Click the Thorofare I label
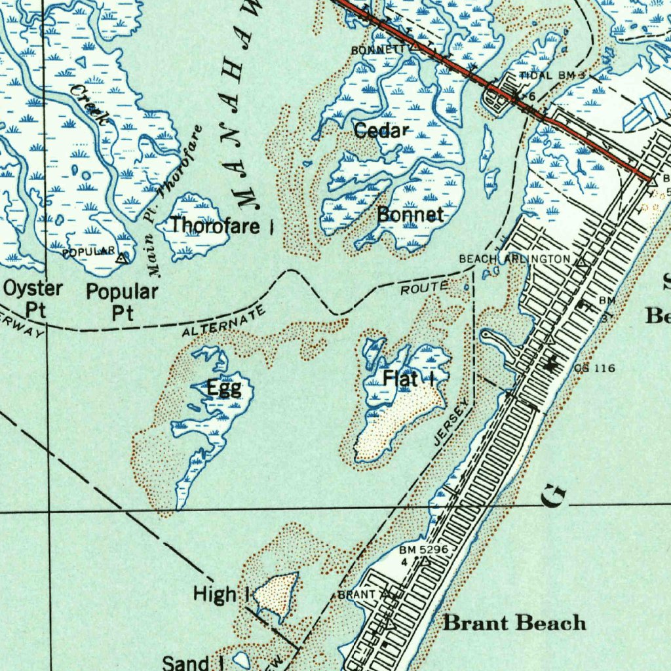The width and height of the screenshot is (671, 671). tap(221, 225)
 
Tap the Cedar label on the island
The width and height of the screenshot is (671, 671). tap(381, 130)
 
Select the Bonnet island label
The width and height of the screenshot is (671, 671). tap(411, 214)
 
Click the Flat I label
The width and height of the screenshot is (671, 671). tap(410, 378)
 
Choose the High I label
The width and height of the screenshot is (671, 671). tap(221, 595)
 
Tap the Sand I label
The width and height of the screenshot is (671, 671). tap(193, 662)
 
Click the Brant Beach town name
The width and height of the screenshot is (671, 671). tap(514, 622)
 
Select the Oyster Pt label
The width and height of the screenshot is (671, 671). tap(33, 299)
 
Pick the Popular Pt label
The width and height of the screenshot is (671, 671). tap(123, 301)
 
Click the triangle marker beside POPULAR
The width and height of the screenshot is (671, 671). tap(121, 259)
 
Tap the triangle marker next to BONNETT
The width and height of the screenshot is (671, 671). tap(416, 47)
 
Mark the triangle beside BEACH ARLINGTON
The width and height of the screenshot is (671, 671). tap(581, 263)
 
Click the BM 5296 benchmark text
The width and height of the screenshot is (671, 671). tap(425, 550)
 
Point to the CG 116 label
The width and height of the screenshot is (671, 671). tap(594, 368)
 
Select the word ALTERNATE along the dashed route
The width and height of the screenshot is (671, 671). tap(224, 322)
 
